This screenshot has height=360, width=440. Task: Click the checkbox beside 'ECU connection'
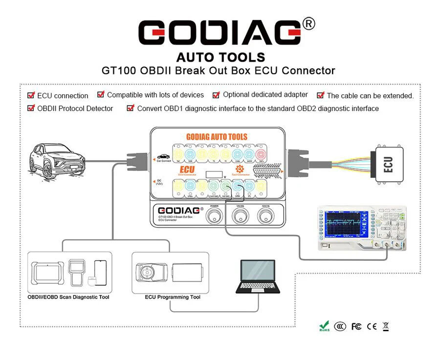(x=31, y=95)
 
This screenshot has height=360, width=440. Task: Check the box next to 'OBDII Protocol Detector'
(x=31, y=108)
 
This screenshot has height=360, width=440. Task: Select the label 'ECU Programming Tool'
(x=173, y=297)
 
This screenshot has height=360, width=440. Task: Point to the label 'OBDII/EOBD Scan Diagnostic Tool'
(x=68, y=297)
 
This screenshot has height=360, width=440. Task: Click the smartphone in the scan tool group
(x=100, y=274)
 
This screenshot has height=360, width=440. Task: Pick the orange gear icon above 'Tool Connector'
(x=241, y=168)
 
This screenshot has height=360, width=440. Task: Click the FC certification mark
(x=356, y=326)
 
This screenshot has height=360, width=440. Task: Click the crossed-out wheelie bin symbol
(x=386, y=326)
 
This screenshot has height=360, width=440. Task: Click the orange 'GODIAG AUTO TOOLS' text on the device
(x=217, y=137)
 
